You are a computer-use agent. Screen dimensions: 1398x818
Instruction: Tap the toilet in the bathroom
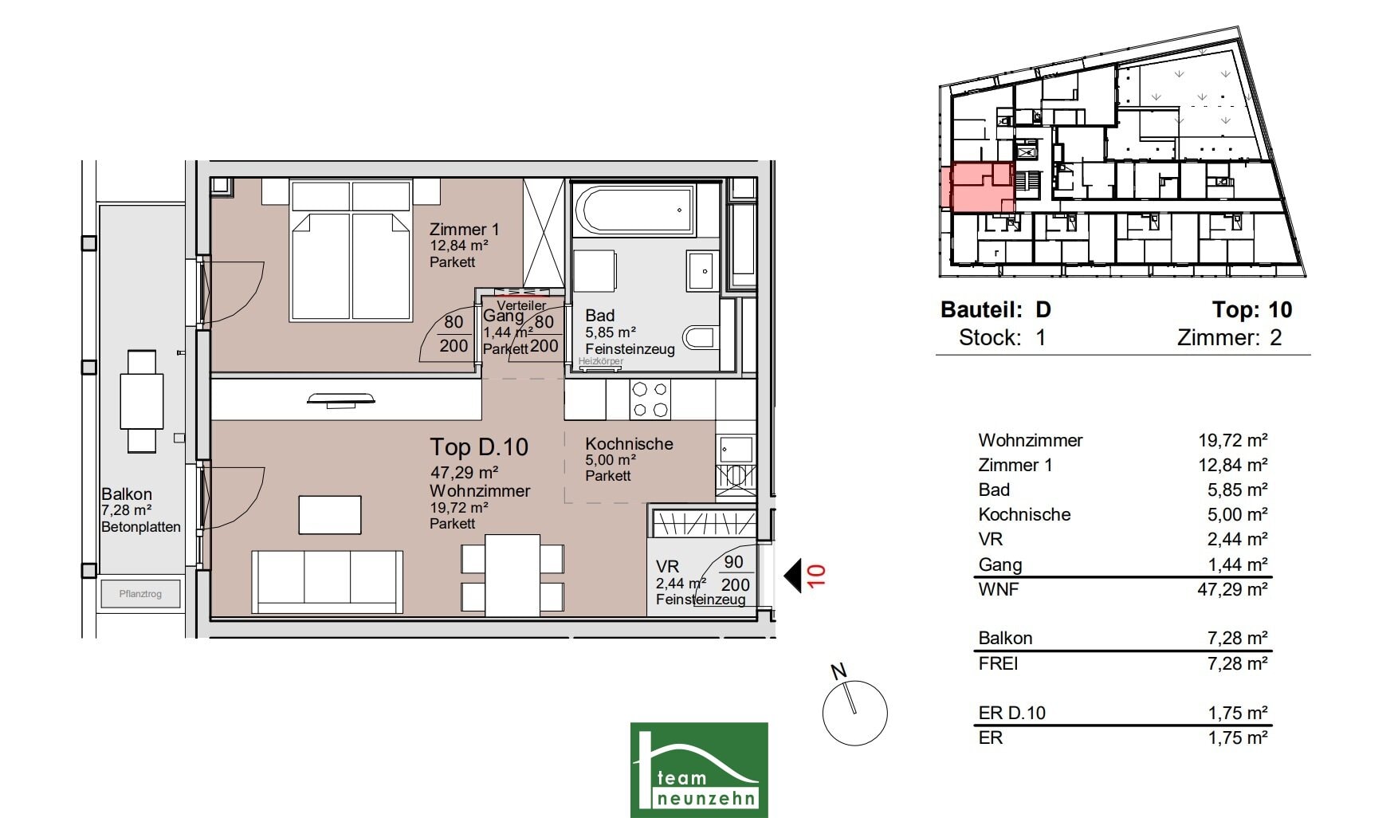[x=701, y=338]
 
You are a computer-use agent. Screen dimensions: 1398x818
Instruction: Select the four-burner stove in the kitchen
[x=650, y=399]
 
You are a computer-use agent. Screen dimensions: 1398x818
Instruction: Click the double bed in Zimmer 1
[x=351, y=250]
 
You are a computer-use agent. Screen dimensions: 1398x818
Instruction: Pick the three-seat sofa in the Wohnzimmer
[x=327, y=581]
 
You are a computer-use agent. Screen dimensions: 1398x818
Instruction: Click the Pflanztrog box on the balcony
[x=140, y=594]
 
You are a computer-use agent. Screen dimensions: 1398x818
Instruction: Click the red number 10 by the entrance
[x=816, y=576]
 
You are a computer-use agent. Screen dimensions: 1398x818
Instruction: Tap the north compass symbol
[x=854, y=708]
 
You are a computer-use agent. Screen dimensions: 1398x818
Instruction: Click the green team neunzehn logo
[x=699, y=769]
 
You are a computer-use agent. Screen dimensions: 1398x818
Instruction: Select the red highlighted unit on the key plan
[x=978, y=187]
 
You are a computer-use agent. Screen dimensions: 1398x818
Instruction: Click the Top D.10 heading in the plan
[x=479, y=447]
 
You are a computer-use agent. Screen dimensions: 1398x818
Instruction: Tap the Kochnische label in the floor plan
[x=629, y=444]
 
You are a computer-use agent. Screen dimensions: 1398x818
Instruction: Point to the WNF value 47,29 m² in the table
[x=1237, y=589]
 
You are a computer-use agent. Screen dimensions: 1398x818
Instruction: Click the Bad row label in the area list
[x=994, y=490]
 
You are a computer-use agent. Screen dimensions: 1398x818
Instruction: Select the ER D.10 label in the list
[x=1011, y=713]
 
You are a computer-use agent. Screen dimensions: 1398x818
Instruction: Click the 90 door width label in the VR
[x=733, y=561]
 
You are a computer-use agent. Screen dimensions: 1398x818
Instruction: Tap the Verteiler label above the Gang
[x=521, y=305]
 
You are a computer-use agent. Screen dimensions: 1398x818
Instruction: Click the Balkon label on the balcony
[x=127, y=494]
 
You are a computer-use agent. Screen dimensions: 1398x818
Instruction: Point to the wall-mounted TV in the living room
[x=340, y=399]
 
